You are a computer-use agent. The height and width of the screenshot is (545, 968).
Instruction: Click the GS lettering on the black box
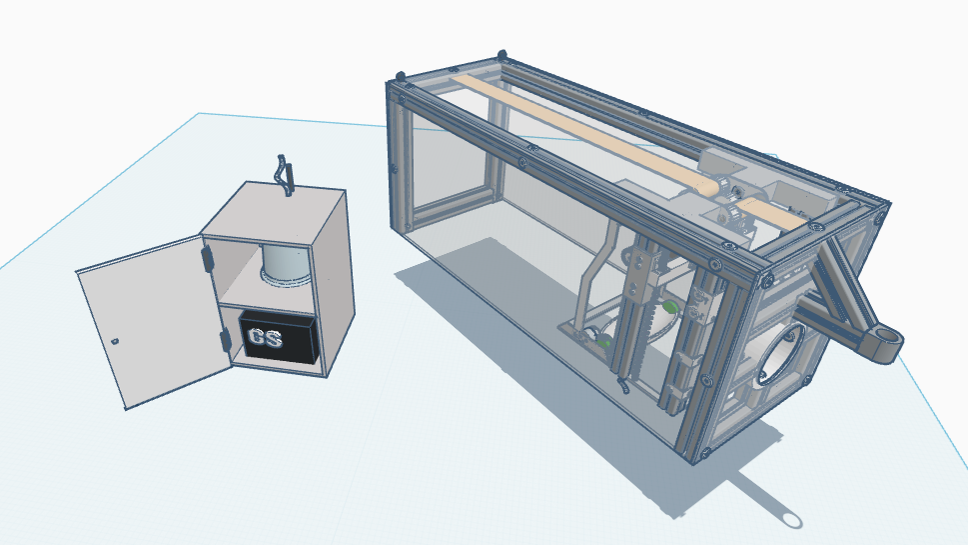[x=265, y=338]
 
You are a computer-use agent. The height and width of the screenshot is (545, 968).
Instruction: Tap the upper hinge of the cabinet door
[x=206, y=258]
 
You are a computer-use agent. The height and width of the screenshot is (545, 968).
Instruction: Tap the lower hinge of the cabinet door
[x=225, y=340]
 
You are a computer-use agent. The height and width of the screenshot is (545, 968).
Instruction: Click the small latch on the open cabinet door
[x=115, y=340]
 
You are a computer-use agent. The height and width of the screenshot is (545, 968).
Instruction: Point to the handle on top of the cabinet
[x=285, y=175]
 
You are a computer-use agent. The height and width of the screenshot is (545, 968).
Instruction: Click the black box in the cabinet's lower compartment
[x=279, y=337]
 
